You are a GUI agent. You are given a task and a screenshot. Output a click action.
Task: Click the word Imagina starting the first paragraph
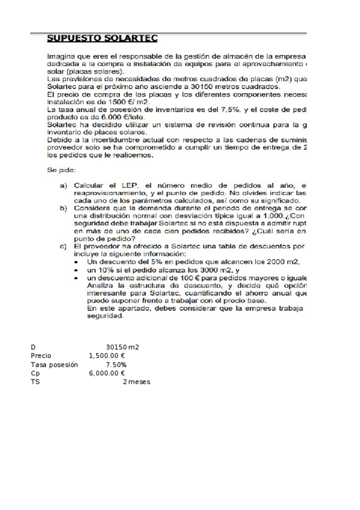click(x=62, y=56)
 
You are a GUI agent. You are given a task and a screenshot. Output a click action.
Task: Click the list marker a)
click(x=63, y=185)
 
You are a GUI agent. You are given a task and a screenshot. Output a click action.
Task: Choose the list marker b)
click(x=63, y=207)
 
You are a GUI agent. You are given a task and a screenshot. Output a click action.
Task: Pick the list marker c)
click(x=63, y=245)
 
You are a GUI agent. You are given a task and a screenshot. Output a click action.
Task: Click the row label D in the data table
click(x=32, y=347)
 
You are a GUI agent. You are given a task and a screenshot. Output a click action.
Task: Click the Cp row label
click(x=34, y=373)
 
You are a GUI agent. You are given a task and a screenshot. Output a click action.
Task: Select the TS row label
click(x=34, y=382)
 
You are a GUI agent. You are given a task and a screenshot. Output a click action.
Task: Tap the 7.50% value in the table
click(x=115, y=364)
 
